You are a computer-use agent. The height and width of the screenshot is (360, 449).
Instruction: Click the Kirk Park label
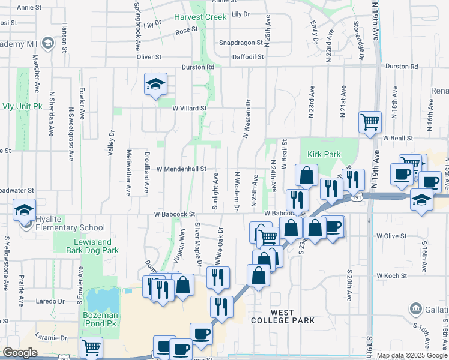324,154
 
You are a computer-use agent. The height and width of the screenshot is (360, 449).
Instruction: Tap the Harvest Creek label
201,17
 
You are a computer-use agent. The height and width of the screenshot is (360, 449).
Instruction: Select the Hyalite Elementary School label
69,227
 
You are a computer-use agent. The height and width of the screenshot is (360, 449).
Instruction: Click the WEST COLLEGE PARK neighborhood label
292,316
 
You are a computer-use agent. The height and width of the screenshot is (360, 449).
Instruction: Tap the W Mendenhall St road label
181,169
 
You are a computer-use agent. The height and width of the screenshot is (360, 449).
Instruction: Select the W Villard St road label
189,109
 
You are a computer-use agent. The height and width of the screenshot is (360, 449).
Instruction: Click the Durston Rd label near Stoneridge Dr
401,66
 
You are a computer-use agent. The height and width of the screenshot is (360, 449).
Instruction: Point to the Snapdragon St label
241,43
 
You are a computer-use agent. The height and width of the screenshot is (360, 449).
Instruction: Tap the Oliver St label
149,57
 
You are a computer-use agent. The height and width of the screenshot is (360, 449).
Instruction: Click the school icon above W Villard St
155,85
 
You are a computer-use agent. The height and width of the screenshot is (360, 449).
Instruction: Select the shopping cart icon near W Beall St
370,122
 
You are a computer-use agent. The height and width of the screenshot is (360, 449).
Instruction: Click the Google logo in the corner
20,352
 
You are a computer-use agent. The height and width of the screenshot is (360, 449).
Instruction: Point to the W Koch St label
391,275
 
